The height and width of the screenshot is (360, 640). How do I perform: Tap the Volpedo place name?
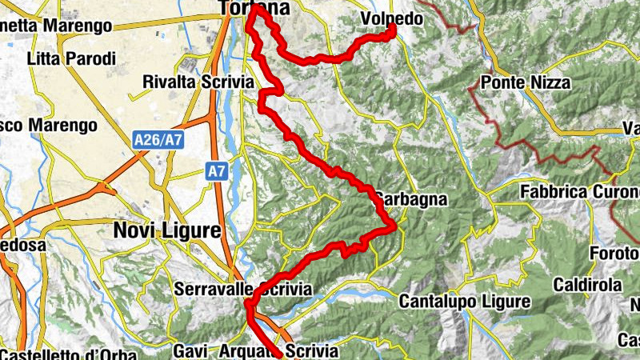391,18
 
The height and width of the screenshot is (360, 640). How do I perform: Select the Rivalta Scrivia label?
198,82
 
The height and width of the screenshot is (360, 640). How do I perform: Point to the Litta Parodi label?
71,58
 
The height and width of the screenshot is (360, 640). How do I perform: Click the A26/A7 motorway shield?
158,140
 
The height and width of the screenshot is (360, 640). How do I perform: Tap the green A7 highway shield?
215,170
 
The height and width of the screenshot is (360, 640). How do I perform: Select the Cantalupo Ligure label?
464,302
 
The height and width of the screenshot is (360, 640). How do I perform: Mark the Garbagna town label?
410,198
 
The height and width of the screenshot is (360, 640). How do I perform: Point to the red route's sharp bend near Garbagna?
394,227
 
